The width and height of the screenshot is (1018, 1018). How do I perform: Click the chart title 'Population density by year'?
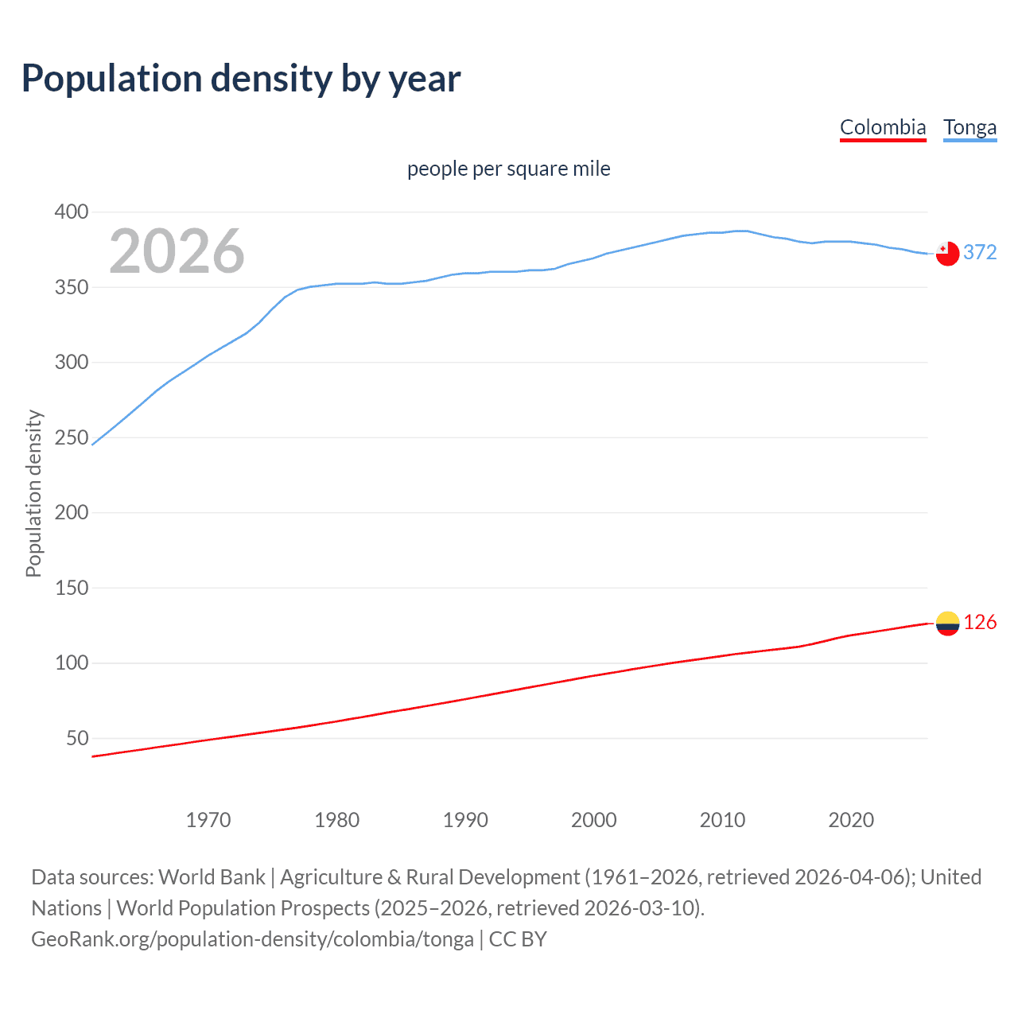241,78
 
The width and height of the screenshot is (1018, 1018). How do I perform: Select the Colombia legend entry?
883,127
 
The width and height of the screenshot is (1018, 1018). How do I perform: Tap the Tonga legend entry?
969,127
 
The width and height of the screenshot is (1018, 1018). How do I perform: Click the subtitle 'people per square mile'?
508,169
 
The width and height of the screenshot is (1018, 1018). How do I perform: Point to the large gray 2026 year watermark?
177,251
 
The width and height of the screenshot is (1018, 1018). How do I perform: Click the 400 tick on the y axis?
72,212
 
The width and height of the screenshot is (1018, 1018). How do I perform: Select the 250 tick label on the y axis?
72,437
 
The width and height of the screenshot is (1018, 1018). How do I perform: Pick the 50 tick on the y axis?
77,738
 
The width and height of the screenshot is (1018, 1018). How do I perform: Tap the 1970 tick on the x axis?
208,820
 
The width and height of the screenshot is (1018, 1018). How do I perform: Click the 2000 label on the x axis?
594,820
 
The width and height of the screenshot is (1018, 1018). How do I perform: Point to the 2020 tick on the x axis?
851,820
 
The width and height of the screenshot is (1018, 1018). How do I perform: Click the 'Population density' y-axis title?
33,493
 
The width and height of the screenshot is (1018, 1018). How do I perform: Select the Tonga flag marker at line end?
947,254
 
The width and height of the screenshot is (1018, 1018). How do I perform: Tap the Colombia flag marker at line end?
947,624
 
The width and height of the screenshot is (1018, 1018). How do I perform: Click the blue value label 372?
980,252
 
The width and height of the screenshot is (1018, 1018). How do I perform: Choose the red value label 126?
980,622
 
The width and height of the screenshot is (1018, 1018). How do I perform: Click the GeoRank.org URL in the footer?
252,939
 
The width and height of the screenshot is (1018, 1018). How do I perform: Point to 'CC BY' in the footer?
518,939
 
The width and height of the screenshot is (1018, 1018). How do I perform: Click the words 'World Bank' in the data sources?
212,877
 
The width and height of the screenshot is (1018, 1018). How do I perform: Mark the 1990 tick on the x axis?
465,820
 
